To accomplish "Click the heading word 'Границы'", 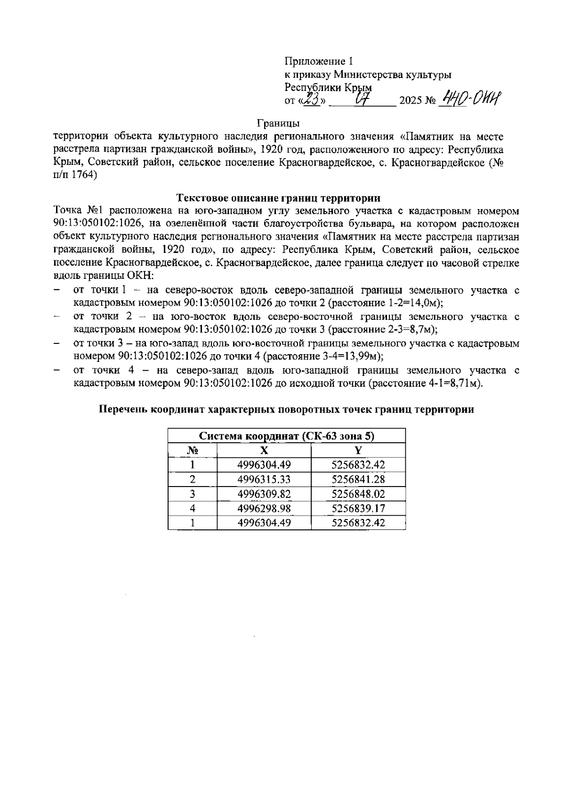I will (279, 124).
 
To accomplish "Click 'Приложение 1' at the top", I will (318, 61).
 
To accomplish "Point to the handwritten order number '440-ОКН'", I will (469, 99).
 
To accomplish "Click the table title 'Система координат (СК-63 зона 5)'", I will (286, 436).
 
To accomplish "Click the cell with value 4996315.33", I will (264, 480).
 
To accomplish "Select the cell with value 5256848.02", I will (358, 494).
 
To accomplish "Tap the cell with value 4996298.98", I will (264, 509).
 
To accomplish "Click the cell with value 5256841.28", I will (358, 480).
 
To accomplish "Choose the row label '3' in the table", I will (192, 494).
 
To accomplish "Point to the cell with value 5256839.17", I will (358, 509).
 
